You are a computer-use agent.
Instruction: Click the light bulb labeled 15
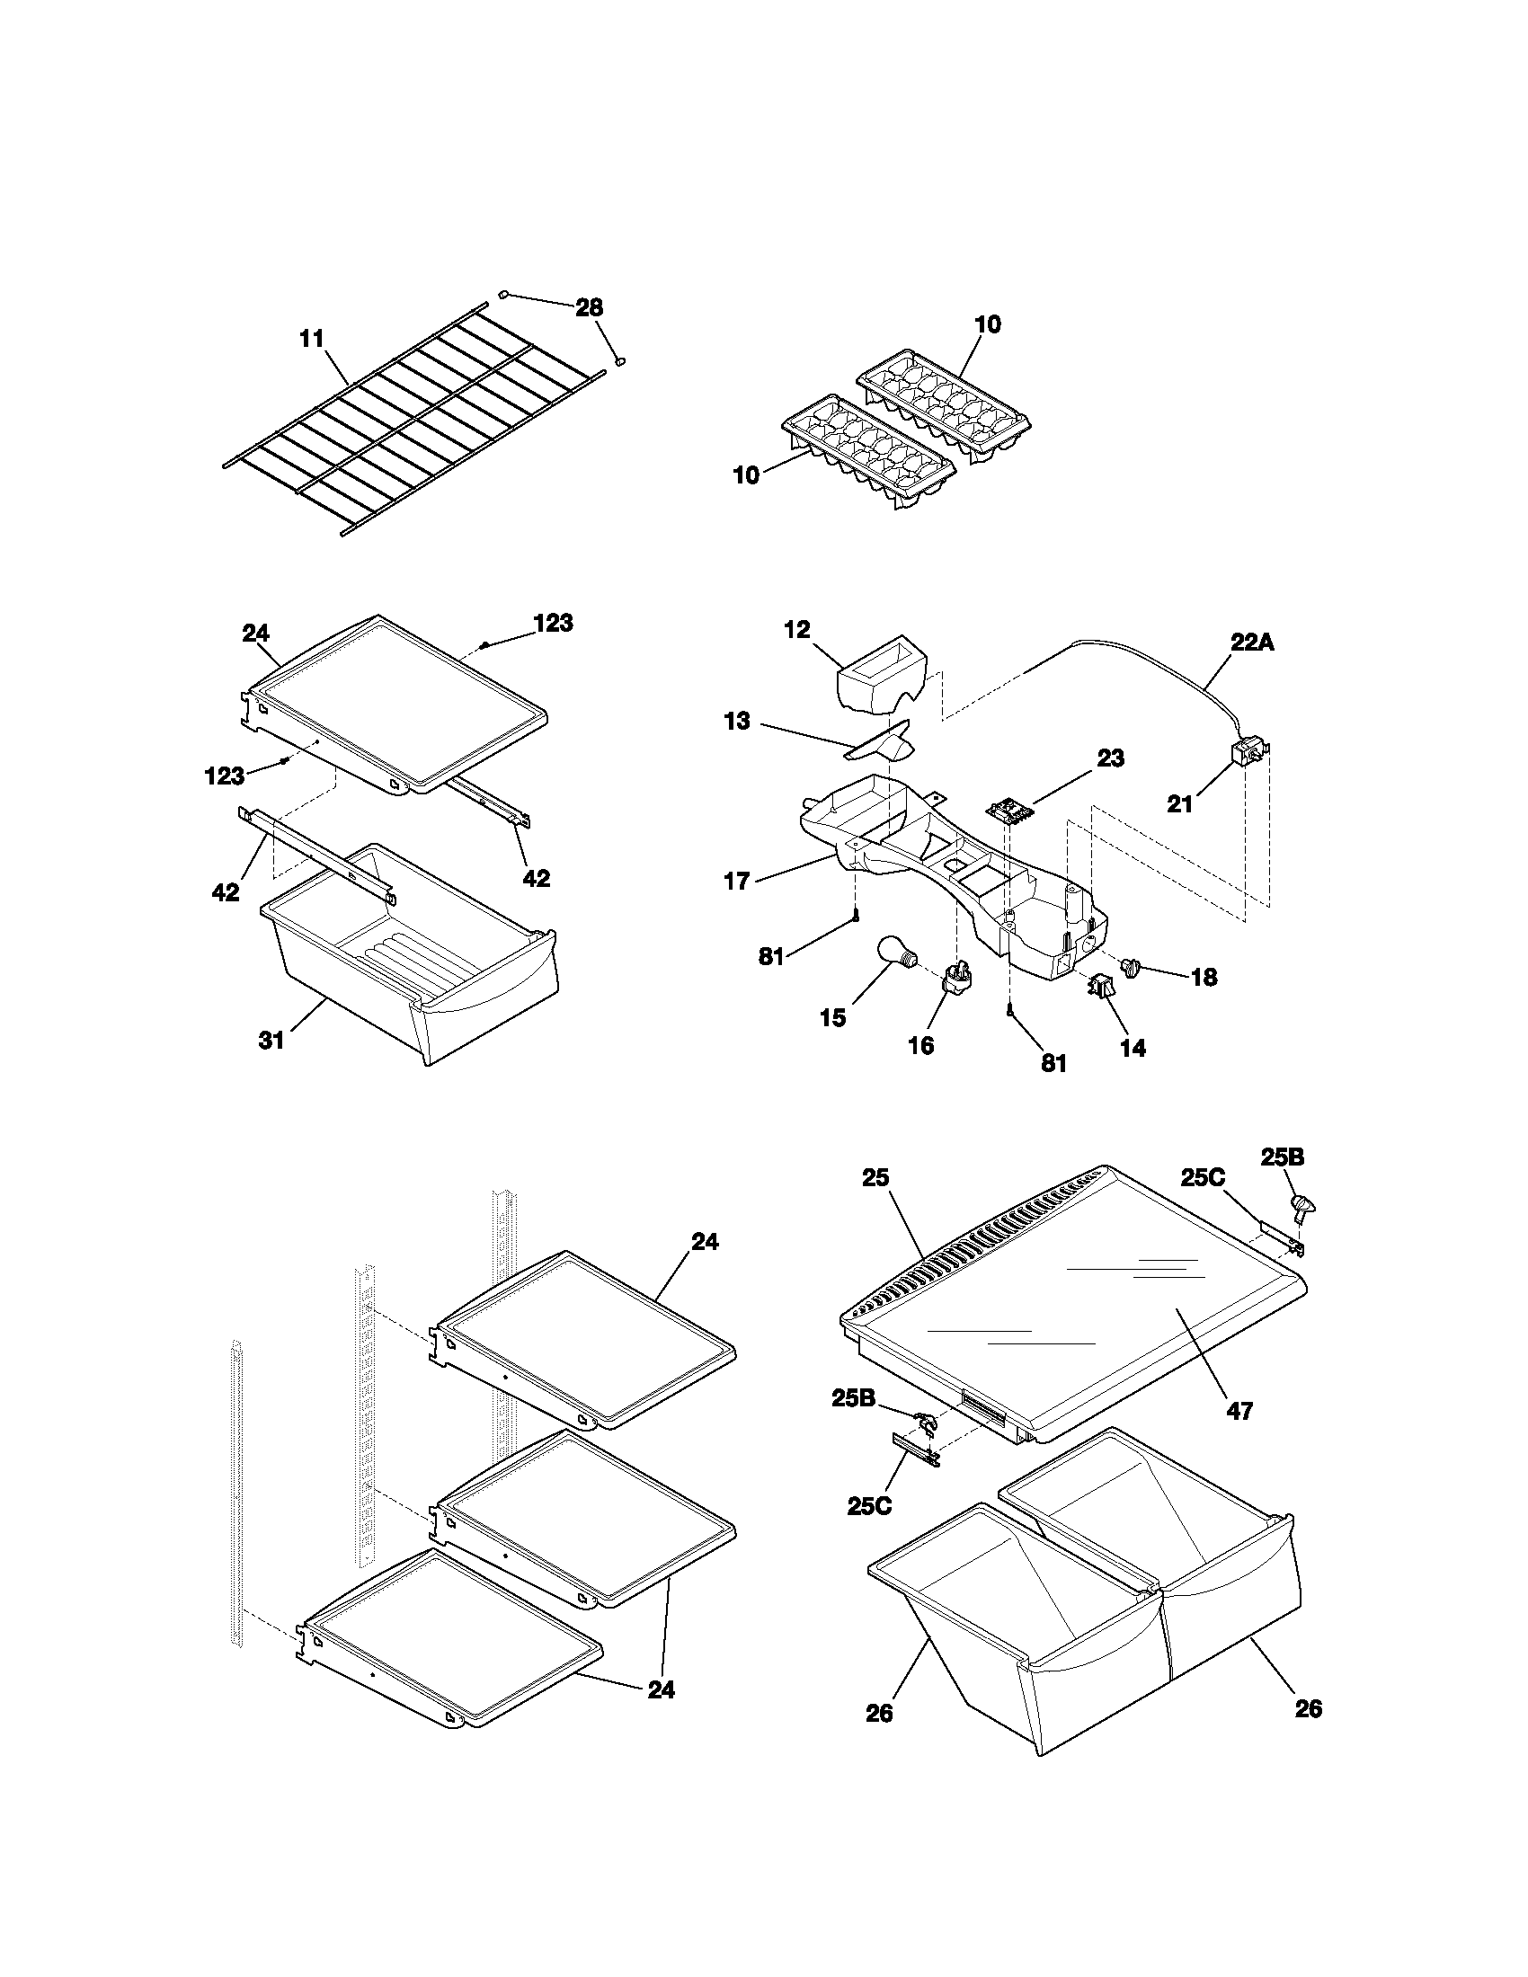[x=897, y=953]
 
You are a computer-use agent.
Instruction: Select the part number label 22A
[x=1252, y=642]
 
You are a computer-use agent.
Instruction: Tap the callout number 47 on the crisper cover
[x=1239, y=1409]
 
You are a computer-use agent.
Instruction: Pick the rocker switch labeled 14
[x=1100, y=986]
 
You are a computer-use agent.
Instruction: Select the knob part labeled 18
[x=1130, y=968]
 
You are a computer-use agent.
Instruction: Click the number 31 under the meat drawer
[x=271, y=1040]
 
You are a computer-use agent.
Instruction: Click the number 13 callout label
[x=737, y=722]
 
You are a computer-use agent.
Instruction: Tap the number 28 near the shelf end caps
[x=589, y=306]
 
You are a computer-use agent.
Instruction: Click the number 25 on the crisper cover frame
[x=875, y=1177]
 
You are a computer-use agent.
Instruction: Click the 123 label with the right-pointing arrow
[x=224, y=775]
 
